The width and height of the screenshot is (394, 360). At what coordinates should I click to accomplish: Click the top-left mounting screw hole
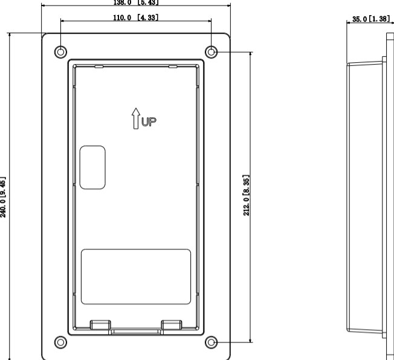click(x=60, y=51)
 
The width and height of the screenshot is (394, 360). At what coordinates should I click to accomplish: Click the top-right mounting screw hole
click(x=211, y=52)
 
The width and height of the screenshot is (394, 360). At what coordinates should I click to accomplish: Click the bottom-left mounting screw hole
click(x=60, y=342)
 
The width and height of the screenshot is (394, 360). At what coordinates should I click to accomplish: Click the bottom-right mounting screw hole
click(x=211, y=342)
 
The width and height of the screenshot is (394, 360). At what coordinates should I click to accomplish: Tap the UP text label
click(x=149, y=121)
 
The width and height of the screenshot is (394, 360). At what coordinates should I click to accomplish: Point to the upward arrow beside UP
click(x=137, y=118)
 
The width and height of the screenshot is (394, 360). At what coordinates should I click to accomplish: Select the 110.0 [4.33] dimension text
click(x=136, y=18)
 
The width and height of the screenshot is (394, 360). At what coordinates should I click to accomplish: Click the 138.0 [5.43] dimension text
click(x=136, y=2)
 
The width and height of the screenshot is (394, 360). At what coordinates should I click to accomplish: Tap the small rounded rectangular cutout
click(x=93, y=167)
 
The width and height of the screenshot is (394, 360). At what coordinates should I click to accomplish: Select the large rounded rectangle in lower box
click(x=136, y=276)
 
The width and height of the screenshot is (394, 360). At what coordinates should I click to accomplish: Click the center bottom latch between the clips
click(x=136, y=331)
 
